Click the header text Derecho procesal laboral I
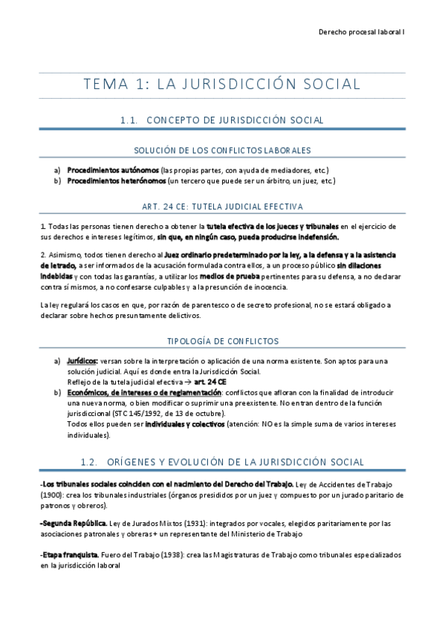click(x=360, y=33)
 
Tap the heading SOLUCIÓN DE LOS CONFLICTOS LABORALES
click(x=222, y=150)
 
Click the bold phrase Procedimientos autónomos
click(x=113, y=170)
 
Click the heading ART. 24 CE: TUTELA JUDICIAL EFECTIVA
click(x=222, y=206)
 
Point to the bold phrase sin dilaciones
click(x=367, y=264)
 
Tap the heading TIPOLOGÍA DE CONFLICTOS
click(x=222, y=341)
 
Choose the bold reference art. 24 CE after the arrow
click(x=192, y=382)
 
